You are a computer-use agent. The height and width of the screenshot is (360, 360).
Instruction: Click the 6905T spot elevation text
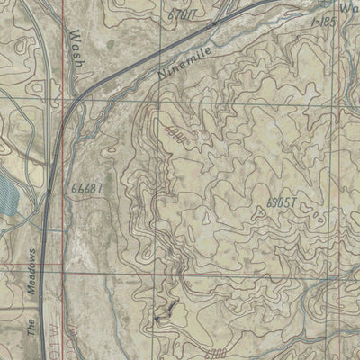pos(282,203)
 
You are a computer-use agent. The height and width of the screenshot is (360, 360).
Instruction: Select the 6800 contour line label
pos(174,132)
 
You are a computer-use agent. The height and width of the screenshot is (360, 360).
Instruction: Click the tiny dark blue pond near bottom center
pos(160,317)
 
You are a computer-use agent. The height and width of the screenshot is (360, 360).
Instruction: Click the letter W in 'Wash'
pos(72,34)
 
